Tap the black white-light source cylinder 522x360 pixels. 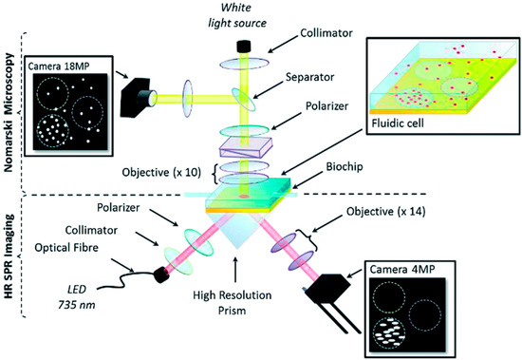click(251, 45)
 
